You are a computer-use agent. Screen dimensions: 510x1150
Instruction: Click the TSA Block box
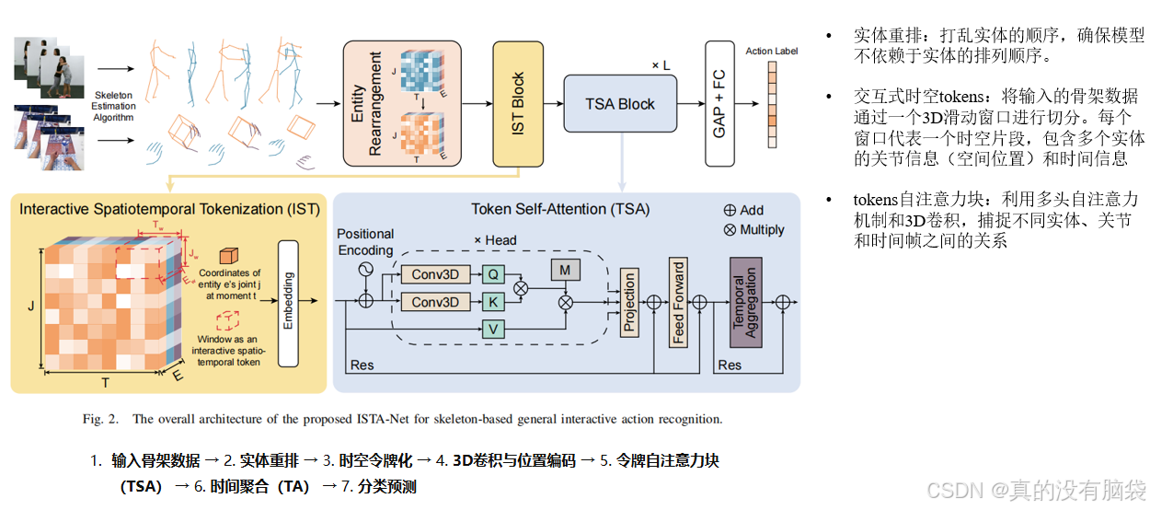[x=620, y=103]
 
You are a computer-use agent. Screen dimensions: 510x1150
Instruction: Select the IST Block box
[x=519, y=103]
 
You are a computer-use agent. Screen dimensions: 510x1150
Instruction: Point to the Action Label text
[x=771, y=51]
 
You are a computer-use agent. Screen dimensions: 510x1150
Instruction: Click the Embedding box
[x=288, y=299]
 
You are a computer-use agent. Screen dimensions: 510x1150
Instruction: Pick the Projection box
[x=630, y=302]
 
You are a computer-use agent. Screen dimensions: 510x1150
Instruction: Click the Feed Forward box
[x=678, y=300]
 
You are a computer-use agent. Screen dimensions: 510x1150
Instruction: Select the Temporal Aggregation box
[x=745, y=301]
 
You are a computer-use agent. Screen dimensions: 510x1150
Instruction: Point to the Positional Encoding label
[x=365, y=242]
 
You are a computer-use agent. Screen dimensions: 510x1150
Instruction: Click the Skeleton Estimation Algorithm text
[x=114, y=106]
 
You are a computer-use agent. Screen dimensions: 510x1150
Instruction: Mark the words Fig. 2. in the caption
[x=101, y=420]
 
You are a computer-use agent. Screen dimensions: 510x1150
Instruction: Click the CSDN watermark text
[x=1035, y=488]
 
